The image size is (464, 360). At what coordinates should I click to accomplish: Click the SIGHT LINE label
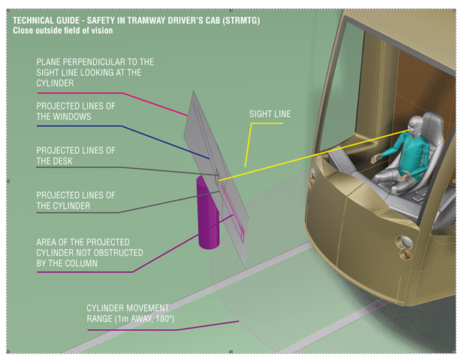[x=270, y=114]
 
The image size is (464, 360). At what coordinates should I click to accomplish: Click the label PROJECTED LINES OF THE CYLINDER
[x=77, y=200]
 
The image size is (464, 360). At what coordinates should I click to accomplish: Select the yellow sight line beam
[x=300, y=158]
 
